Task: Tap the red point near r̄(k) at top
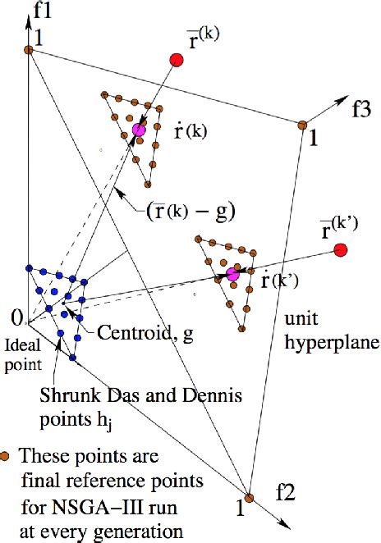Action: coord(176,59)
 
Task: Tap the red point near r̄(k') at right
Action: coord(341,249)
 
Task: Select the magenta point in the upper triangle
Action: coord(139,130)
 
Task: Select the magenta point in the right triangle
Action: coord(232,275)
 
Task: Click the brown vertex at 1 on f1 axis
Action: coord(28,50)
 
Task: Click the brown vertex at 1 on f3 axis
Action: coord(302,125)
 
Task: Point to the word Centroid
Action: coord(126,332)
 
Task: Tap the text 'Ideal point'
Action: coord(20,348)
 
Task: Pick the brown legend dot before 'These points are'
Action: coord(7,454)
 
